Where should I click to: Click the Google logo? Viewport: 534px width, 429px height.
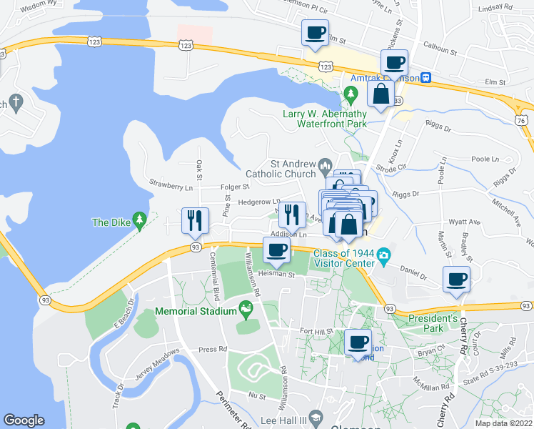coord(24,420)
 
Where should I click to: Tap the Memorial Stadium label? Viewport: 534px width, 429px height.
coord(197,312)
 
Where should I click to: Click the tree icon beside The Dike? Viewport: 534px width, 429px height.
coord(141,219)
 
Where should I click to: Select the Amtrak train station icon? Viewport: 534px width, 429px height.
coord(425,78)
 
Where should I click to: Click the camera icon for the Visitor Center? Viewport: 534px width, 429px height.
coord(384,255)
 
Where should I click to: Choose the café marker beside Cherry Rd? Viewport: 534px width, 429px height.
coord(456,280)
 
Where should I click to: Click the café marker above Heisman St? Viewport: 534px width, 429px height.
coord(277,250)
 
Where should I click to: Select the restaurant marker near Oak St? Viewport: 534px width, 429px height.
coord(194,221)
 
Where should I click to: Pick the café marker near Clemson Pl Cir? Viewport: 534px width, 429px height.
coord(316,33)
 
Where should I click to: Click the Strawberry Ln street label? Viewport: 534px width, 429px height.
coord(171,187)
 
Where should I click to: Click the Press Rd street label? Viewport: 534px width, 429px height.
coord(212,350)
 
